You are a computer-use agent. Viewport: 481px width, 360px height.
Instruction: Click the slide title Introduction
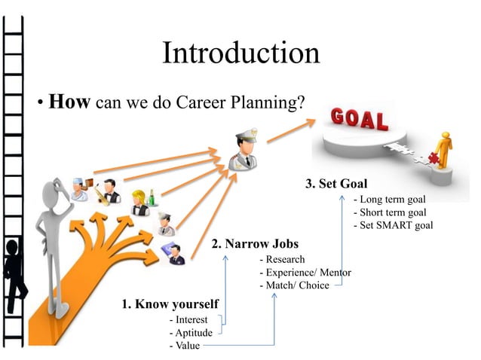click(240, 53)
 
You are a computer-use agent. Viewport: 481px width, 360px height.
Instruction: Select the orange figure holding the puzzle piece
click(444, 148)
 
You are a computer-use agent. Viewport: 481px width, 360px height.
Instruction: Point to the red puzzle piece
click(433, 160)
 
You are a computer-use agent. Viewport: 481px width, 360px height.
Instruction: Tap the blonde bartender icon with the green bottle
click(142, 202)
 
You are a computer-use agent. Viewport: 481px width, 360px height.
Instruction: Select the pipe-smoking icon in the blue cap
click(79, 188)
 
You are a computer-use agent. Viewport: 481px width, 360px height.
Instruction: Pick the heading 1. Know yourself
click(170, 304)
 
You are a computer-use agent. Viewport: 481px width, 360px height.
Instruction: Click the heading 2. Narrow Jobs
click(255, 244)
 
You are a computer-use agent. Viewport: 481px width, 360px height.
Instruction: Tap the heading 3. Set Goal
click(336, 184)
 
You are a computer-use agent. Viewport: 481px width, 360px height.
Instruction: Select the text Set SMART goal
click(396, 225)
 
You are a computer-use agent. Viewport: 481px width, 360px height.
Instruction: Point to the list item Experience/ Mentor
click(305, 273)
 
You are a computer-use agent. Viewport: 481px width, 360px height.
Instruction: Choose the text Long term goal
click(393, 200)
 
